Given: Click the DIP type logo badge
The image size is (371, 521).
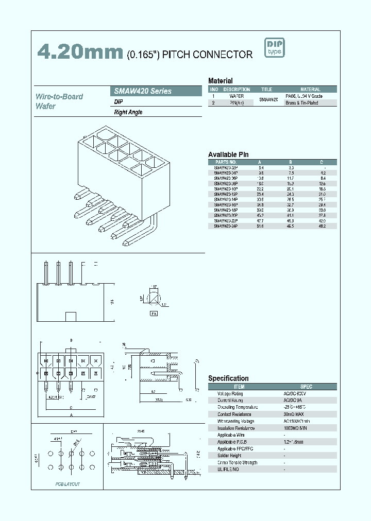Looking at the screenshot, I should pyautogui.click(x=275, y=48).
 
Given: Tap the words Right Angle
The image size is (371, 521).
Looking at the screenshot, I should pyautogui.click(x=128, y=112).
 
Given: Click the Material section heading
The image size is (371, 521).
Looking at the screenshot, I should pyautogui.click(x=220, y=81).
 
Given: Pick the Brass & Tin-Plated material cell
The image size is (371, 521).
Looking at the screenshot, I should pyautogui.click(x=302, y=103).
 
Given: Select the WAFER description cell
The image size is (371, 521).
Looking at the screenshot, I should pyautogui.click(x=237, y=96).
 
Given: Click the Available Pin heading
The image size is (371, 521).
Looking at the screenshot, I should pyautogui.click(x=228, y=154).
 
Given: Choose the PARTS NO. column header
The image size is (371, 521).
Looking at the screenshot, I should pyautogui.click(x=225, y=162).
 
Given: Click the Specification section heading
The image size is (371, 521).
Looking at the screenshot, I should pyautogui.click(x=228, y=378).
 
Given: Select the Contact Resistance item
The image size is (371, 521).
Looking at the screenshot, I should pyautogui.click(x=234, y=414).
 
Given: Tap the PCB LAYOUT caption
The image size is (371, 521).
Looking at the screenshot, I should pyautogui.click(x=68, y=484).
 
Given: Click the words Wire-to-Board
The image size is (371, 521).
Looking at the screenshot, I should pyautogui.click(x=59, y=96).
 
